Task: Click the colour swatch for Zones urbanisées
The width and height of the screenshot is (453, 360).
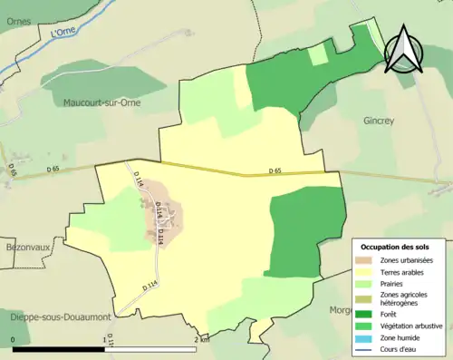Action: point(364,261)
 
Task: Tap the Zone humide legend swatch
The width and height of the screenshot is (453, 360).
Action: point(364,336)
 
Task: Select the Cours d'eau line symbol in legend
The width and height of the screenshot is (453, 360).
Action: point(364,348)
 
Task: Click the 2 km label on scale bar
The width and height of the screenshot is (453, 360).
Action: point(201,341)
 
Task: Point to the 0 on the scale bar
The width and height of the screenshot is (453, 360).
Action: point(14,341)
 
